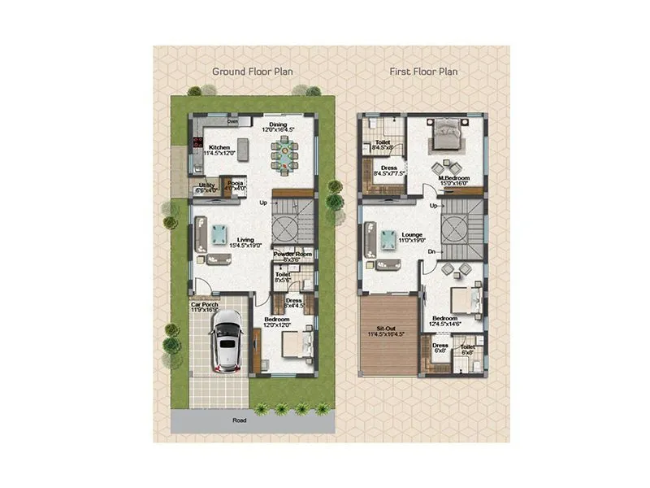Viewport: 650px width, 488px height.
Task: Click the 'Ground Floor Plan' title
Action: (253, 72)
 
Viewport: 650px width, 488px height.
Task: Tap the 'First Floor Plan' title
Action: (423, 72)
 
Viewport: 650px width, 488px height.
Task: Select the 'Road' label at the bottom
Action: (239, 421)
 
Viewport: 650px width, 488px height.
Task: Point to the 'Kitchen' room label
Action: (220, 147)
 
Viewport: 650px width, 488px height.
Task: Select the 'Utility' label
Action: (207, 185)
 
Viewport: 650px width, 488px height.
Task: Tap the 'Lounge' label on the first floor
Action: (412, 235)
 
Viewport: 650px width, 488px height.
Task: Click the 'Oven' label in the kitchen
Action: (232, 122)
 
